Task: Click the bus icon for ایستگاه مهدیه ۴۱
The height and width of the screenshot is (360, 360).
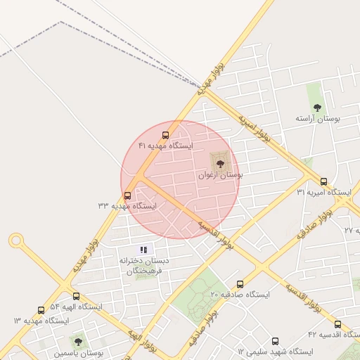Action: [166, 135]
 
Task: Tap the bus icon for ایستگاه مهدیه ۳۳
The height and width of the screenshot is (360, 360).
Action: [127, 195]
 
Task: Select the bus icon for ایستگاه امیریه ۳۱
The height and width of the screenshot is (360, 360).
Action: [323, 181]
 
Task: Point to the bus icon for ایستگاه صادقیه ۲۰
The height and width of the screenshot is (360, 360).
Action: [240, 284]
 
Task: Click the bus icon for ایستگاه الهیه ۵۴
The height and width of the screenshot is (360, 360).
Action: [76, 297]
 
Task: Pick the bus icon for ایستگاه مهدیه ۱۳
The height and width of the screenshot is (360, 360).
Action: [41, 310]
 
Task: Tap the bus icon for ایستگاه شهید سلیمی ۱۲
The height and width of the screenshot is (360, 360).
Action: [274, 340]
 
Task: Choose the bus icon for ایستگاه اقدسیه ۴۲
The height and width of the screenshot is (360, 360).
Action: [337, 324]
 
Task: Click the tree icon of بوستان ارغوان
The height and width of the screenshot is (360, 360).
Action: [220, 164]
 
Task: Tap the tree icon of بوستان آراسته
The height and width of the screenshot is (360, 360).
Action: [317, 108]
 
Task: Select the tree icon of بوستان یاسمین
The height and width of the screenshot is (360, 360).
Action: [78, 342]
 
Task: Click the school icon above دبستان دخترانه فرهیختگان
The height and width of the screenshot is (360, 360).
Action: [143, 250]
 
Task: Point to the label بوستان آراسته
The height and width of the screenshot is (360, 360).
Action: [318, 120]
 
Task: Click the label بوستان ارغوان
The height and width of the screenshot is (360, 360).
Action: [220, 176]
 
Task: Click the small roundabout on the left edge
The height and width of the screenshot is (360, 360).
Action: [16, 241]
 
